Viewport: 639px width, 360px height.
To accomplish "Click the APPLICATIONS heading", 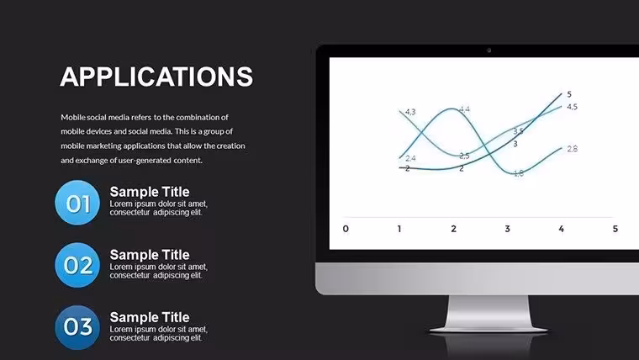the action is point(156,77).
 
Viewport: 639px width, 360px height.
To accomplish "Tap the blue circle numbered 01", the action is point(77,203).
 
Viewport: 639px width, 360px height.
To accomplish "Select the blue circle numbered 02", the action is point(77,266).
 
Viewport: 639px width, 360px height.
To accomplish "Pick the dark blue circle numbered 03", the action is point(77,327).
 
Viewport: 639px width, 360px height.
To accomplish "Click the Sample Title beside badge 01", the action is point(150,192).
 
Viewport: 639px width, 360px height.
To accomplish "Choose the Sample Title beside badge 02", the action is point(150,254).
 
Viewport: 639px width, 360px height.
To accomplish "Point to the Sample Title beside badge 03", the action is point(150,317).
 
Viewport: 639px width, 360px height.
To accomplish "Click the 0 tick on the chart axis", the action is point(346,229).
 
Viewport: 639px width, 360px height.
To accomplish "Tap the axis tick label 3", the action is point(507,229).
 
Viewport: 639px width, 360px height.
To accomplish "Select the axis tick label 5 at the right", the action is point(615,229).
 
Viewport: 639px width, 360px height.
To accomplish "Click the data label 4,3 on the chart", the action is point(410,112).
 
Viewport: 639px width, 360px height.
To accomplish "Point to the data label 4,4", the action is point(465,109).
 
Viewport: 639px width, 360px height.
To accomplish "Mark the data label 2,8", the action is point(573,149).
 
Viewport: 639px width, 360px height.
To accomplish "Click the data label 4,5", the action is point(573,107).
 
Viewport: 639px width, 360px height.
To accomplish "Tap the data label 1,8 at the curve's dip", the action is point(519,173).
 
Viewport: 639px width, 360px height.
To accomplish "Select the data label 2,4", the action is point(410,158).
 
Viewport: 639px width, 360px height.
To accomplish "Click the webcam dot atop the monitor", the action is point(489,50).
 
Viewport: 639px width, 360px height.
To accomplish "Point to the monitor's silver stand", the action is point(488,314).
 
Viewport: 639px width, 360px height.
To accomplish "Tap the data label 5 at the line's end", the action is point(569,94).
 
